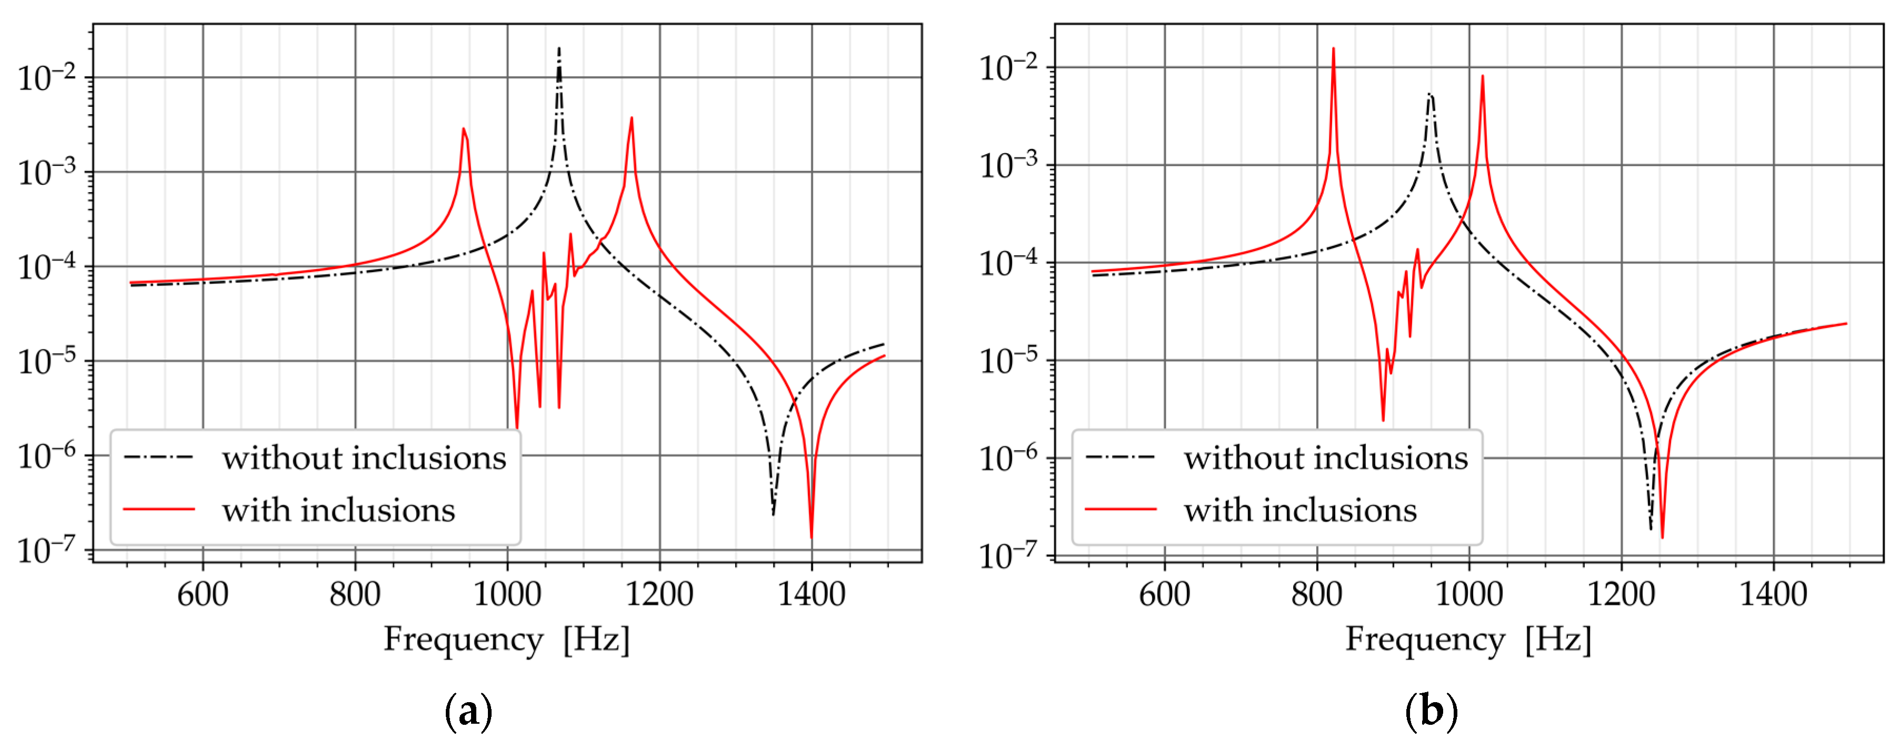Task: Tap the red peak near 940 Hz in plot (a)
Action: pyautogui.click(x=463, y=131)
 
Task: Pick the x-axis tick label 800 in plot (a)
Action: pyautogui.click(x=355, y=594)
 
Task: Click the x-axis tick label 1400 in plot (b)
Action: pyautogui.click(x=1773, y=594)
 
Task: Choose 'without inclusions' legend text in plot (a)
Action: pyautogui.click(x=364, y=458)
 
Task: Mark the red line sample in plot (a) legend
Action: pyautogui.click(x=158, y=510)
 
